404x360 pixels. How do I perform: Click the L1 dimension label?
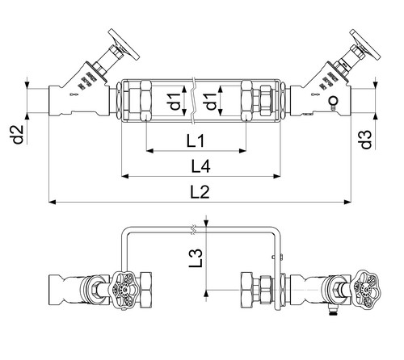196,140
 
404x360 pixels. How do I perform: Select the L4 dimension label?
200,166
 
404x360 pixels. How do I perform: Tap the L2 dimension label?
200,192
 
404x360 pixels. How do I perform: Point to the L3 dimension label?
196,257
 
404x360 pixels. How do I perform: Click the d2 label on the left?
19,134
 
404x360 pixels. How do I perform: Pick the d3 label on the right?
366,140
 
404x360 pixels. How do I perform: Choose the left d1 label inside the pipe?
175,101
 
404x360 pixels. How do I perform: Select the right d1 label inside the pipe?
211,101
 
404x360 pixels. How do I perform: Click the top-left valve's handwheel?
124,44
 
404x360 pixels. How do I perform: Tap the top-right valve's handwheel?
365,44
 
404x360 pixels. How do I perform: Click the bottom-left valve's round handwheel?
124,290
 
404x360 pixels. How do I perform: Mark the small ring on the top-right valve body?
333,101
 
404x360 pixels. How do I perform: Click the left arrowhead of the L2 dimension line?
53,202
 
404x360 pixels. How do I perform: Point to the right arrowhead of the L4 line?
277,176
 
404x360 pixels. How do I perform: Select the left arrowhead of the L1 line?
149,151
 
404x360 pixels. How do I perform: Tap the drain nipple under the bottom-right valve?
334,311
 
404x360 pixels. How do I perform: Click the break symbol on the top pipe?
194,101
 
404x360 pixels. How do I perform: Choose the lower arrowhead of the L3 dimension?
206,294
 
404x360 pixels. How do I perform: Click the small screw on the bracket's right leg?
273,257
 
